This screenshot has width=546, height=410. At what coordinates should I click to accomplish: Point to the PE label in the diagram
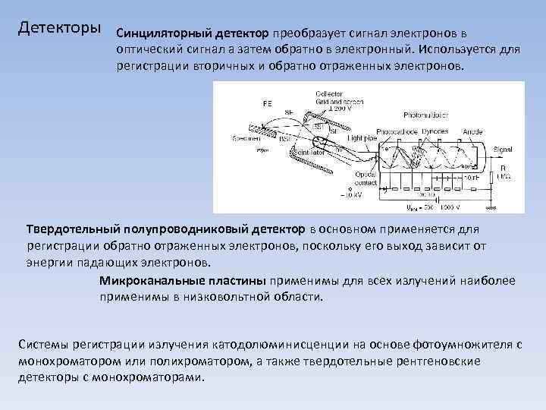[268, 102]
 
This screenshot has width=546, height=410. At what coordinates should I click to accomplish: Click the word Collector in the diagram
[328, 93]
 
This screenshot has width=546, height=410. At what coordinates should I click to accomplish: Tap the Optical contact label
[366, 178]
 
